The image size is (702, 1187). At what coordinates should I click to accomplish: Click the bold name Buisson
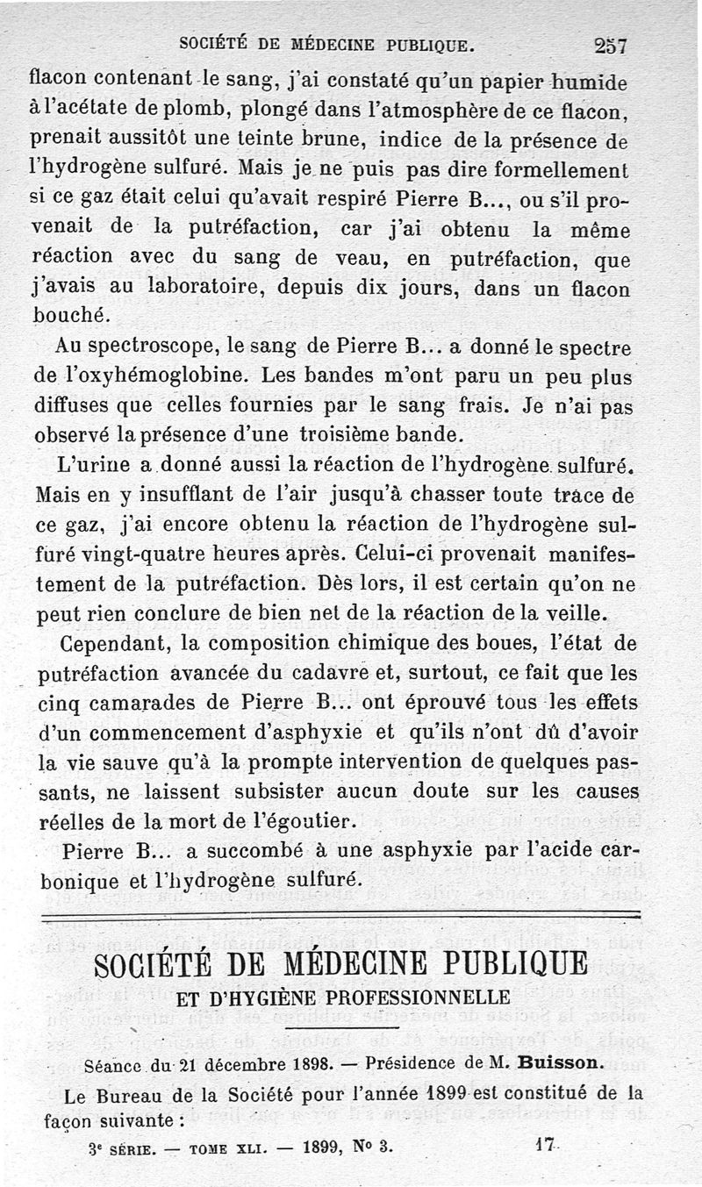[559, 1062]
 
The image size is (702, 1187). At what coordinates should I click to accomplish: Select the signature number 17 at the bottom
[547, 1145]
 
